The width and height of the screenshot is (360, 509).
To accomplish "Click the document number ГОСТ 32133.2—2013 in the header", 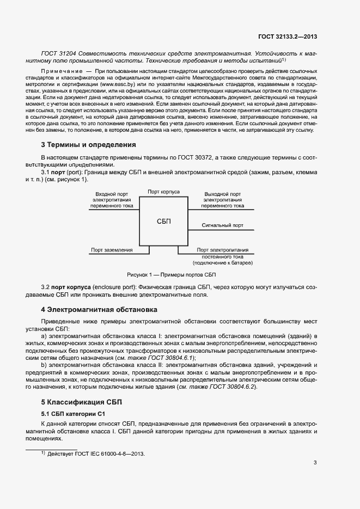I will [288, 36].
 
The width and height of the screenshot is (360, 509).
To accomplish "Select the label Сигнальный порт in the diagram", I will [223, 225].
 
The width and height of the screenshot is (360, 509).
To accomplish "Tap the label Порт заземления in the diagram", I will [112, 250].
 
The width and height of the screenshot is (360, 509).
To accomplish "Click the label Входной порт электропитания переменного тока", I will [112, 200].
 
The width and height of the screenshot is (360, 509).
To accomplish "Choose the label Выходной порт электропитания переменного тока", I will [223, 200].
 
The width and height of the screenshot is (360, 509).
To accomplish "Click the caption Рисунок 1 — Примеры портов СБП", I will [172, 274].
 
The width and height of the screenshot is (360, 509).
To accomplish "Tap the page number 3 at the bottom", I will [315, 463].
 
